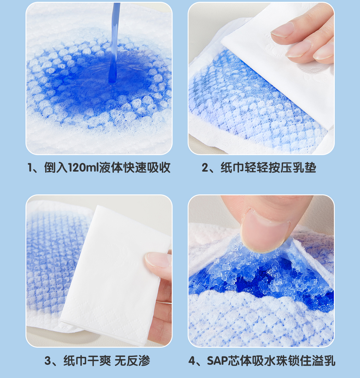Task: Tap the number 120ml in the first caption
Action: coord(83,167)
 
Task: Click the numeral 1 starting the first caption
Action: coord(30,167)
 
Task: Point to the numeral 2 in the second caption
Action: coord(205,167)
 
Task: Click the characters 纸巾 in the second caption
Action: coord(232,167)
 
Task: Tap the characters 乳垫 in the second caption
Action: coord(304,167)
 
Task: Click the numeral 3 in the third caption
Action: coord(47,361)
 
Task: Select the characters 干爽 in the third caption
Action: coord(99,361)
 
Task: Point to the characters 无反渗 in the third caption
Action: coord(132,361)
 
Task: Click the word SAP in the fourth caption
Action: coord(218,361)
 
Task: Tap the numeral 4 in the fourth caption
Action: coord(192,361)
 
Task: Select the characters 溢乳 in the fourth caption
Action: coord(324,361)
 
